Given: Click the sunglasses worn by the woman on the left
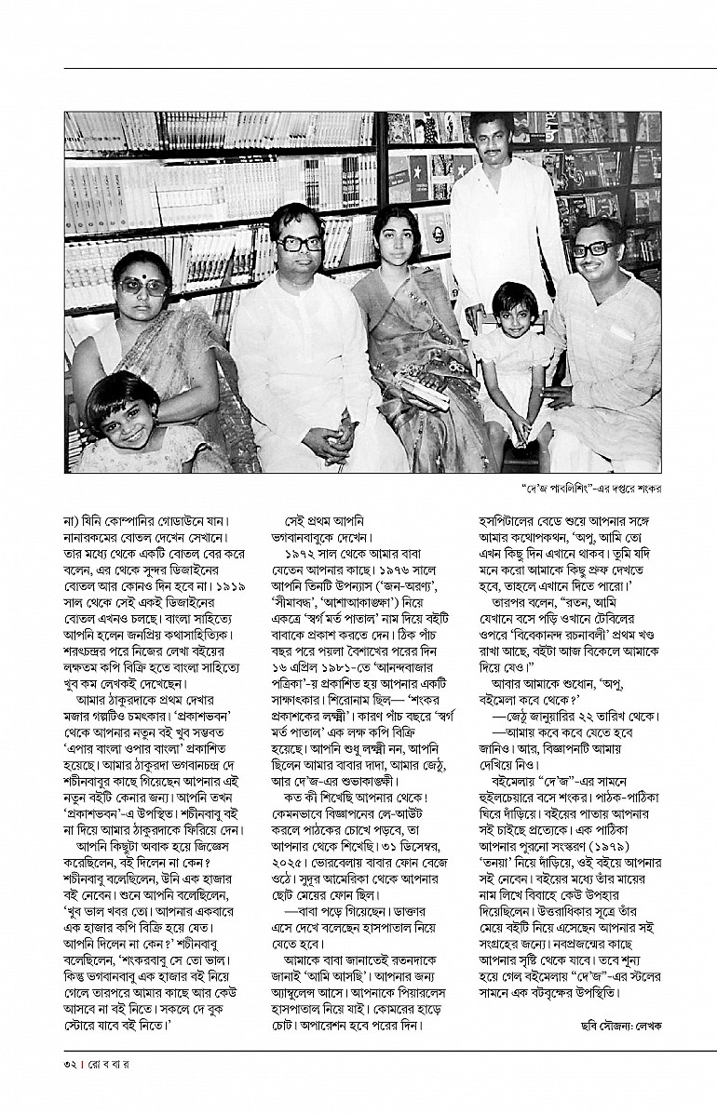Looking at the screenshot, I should click(x=143, y=288).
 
